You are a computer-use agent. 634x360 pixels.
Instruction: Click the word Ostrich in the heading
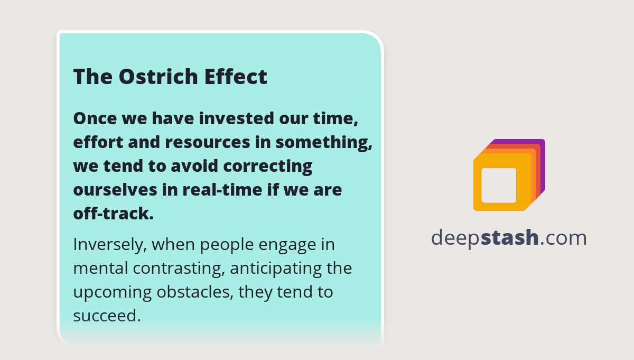pos(158,77)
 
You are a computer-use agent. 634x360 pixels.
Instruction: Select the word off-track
pos(113,214)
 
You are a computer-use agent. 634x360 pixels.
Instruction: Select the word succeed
pos(107,316)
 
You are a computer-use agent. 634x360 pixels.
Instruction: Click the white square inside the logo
pos(499,185)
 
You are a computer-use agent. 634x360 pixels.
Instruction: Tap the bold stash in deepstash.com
pos(510,238)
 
